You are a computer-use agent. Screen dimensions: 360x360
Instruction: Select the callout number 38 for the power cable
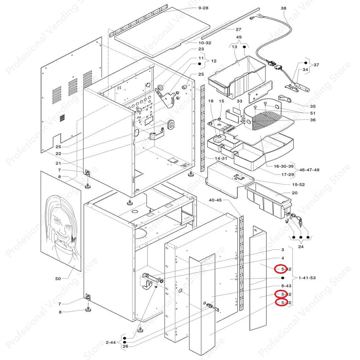click(x=283, y=8)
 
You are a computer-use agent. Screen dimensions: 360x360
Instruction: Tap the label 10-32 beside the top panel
click(x=205, y=43)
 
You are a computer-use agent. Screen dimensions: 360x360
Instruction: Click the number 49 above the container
click(x=239, y=37)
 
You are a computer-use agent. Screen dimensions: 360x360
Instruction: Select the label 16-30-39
click(x=284, y=166)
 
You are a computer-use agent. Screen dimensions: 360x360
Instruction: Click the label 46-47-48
click(x=310, y=170)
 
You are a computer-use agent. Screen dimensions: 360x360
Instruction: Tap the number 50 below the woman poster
click(x=58, y=278)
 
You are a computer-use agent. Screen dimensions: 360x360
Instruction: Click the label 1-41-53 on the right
click(x=307, y=277)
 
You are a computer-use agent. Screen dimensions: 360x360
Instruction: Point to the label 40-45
click(x=215, y=200)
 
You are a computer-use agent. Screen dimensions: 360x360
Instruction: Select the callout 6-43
click(x=286, y=286)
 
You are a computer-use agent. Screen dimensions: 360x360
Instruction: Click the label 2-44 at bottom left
click(x=111, y=342)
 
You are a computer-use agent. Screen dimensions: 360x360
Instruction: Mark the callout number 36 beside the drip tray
click(x=313, y=120)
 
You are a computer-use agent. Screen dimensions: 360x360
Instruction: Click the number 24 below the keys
click(x=301, y=247)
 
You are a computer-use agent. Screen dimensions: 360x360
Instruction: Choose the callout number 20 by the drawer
click(x=294, y=193)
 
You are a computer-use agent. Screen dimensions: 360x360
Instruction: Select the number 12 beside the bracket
click(x=214, y=61)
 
